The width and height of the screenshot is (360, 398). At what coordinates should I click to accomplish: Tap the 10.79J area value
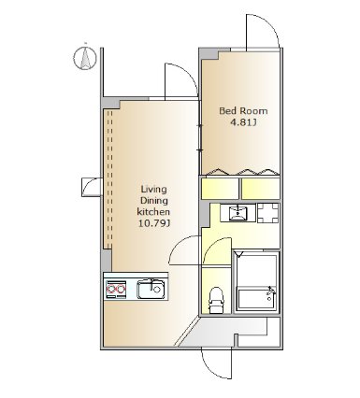[x=153, y=223]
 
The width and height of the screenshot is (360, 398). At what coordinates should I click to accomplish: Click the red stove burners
[x=117, y=290]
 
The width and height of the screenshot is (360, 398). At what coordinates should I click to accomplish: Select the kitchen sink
[x=151, y=290]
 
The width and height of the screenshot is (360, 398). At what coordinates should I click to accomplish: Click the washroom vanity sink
[x=238, y=213]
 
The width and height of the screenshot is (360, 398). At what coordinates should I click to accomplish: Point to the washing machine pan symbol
[x=268, y=213]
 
